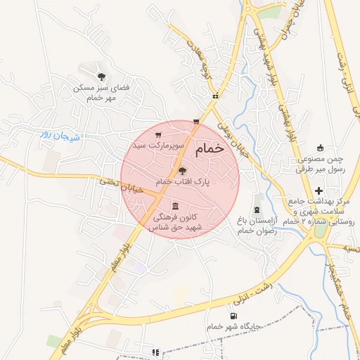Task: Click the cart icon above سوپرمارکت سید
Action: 159,135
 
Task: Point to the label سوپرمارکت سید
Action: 160,145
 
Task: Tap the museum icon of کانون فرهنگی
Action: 174,206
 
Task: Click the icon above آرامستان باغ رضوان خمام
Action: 257,210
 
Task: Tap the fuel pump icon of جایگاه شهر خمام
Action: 233,316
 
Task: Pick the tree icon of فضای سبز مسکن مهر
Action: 102,77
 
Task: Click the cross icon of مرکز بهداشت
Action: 320,191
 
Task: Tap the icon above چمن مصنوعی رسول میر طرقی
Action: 321,148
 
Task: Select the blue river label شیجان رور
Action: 60,136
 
